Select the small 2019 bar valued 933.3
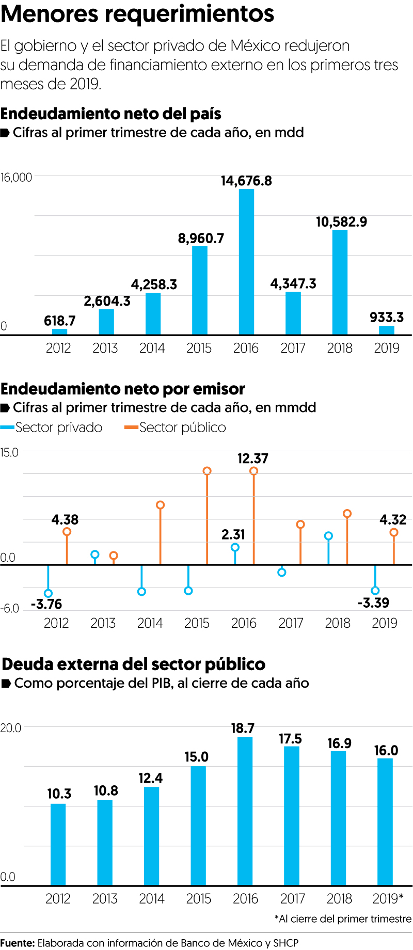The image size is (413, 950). [386, 330]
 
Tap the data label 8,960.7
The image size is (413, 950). [201, 239]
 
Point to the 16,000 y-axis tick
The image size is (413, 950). [16, 178]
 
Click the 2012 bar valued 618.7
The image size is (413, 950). [59, 331]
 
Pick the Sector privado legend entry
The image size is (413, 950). [52, 427]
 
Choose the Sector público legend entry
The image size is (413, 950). [175, 427]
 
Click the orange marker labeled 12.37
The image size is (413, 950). [253, 471]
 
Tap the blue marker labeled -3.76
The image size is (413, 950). [48, 593]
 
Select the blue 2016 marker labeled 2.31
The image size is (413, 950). [235, 547]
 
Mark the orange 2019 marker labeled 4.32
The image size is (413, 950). [394, 532]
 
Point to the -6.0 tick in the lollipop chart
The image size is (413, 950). [10, 609]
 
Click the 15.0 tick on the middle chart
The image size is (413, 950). [9, 452]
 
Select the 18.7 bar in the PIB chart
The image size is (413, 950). [245, 811]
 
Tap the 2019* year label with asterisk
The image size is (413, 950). [388, 899]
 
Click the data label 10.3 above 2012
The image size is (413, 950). [59, 794]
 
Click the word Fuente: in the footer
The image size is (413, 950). [18, 943]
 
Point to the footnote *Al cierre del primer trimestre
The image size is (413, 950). [343, 919]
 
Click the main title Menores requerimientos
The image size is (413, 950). [137, 14]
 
